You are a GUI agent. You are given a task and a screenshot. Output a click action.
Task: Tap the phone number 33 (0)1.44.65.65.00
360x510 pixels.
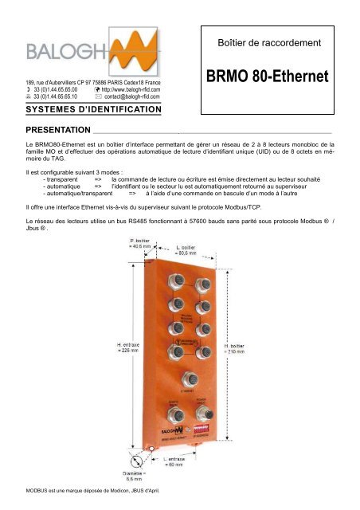pyautogui.click(x=55, y=91)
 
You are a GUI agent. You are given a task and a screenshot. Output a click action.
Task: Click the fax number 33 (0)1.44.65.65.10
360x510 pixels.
pyautogui.click(x=55, y=98)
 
